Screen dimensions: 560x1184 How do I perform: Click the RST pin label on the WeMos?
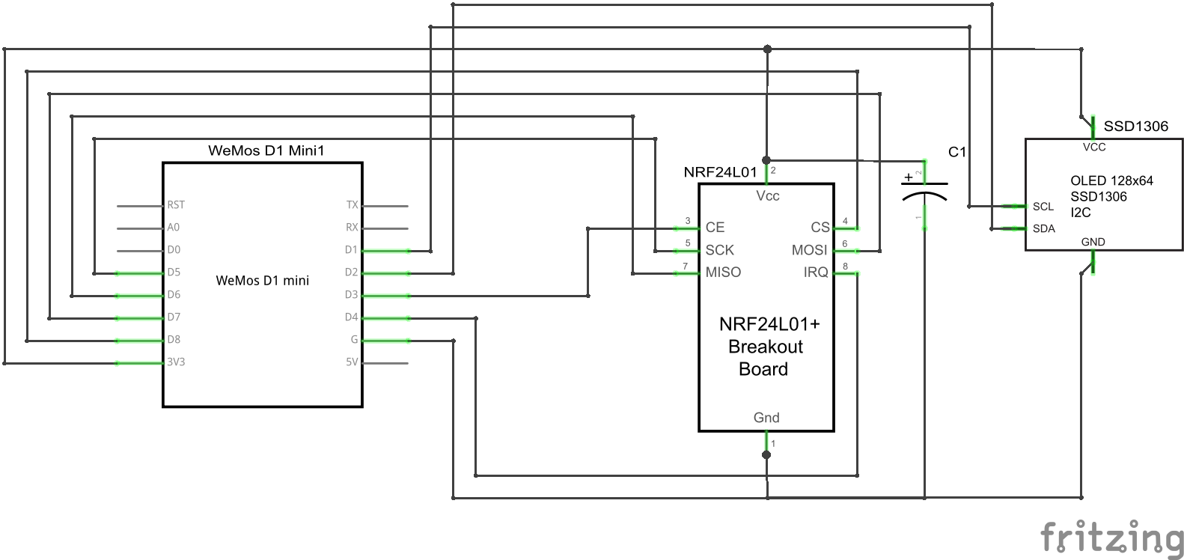(x=176, y=205)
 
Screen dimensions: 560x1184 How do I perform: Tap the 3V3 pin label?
(x=176, y=362)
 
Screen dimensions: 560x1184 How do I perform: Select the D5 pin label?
(x=174, y=273)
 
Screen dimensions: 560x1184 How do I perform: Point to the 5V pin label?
(x=352, y=362)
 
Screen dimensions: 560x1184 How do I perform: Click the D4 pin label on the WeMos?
(x=351, y=317)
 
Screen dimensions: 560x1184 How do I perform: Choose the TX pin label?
(x=352, y=205)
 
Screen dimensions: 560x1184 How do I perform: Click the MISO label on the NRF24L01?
(x=723, y=273)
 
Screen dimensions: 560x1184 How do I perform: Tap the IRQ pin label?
(x=816, y=273)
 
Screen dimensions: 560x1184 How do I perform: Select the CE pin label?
(x=715, y=228)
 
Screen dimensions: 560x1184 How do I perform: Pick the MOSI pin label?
(x=810, y=250)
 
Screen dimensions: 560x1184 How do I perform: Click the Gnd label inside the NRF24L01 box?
(x=766, y=418)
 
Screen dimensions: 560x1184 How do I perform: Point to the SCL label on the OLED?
(x=1043, y=207)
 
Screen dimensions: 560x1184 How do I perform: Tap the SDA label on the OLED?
(x=1044, y=229)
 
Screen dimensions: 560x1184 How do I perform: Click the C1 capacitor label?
(x=957, y=152)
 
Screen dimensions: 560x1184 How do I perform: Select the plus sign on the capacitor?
(x=909, y=177)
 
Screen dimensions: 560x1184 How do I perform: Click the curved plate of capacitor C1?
(x=925, y=196)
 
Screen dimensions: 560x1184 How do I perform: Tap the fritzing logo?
(x=1112, y=538)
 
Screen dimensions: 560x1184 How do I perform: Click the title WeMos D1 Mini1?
(x=266, y=150)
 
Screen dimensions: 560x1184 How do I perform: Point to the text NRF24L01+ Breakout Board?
(x=766, y=347)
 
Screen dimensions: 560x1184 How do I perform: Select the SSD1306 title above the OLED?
(x=1135, y=127)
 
